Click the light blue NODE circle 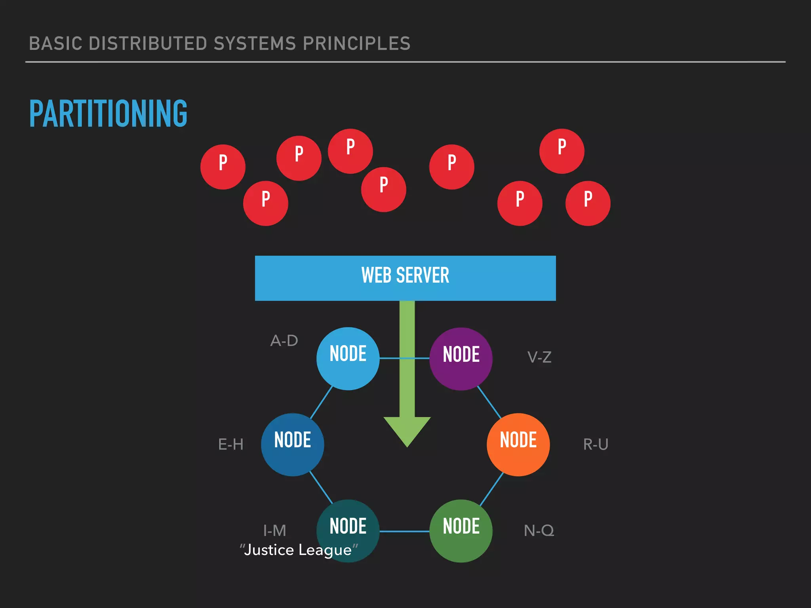coord(348,358)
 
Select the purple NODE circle coord(461,359)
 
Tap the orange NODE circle coord(518,445)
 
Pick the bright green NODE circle coord(461,531)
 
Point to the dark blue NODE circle coord(292,445)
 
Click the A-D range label coord(284,341)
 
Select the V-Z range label coord(539,357)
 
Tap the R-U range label coord(596,445)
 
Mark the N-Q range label coord(539,531)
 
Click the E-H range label coord(231,445)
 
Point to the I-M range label coord(274,531)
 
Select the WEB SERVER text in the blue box coord(405,275)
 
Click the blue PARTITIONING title coord(108,114)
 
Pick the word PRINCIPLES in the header coord(356,44)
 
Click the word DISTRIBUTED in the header coord(151,44)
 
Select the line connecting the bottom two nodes coord(404,531)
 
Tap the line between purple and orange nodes coord(489,402)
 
